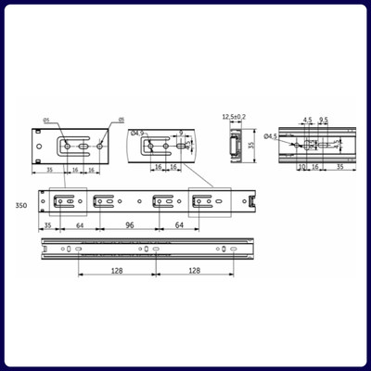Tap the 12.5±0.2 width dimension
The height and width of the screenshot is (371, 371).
(x=233, y=117)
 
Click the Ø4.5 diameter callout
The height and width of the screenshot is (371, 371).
(x=270, y=137)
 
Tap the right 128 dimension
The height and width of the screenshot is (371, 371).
(x=194, y=270)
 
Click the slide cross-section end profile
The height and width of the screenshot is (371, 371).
(x=233, y=145)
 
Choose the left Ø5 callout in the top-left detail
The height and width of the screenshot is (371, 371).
(x=45, y=120)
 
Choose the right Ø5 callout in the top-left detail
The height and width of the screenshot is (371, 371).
(x=120, y=120)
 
